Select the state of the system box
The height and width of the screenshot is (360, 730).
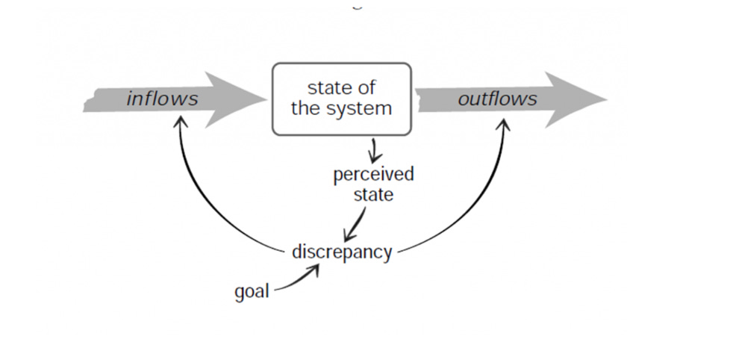(x=341, y=99)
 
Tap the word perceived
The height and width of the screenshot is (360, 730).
(x=373, y=175)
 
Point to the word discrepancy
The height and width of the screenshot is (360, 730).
(x=341, y=252)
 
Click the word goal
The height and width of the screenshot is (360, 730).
(x=252, y=291)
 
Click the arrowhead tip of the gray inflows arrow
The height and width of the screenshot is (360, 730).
(x=266, y=99)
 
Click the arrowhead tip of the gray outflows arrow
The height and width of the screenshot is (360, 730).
(x=606, y=99)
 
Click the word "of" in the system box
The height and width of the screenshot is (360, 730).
(x=366, y=88)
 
